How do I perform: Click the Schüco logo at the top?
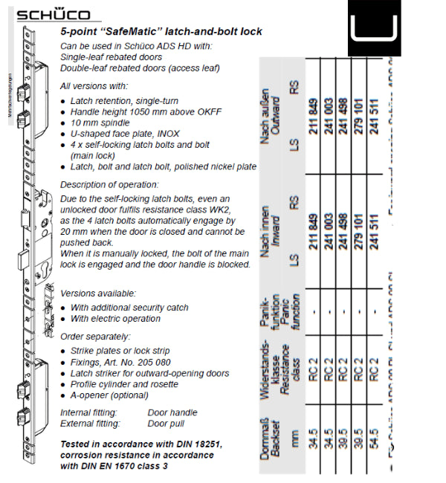pos(53,15)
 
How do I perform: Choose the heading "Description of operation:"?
pos(109,184)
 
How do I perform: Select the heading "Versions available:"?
pos(97,294)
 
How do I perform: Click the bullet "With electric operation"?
pos(115,319)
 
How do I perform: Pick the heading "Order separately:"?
pos(92,337)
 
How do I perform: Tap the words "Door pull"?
pos(167,424)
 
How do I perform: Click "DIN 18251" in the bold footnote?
pos(194,444)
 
